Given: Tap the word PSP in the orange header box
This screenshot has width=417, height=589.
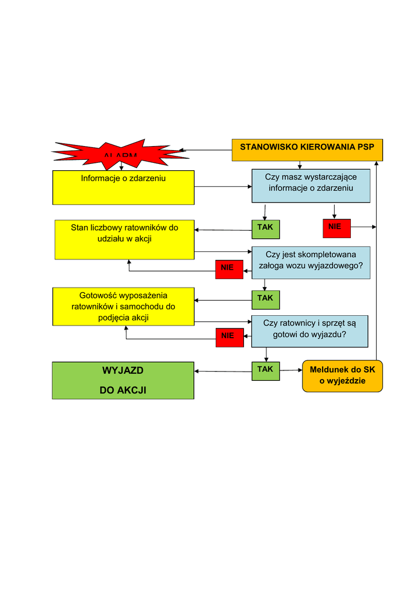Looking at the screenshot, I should [366, 147].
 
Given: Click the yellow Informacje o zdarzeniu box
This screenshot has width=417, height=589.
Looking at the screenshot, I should [123, 187].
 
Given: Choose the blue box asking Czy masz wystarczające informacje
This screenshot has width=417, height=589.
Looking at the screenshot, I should [311, 185].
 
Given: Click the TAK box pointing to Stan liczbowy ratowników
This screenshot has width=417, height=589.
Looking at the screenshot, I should [265, 229].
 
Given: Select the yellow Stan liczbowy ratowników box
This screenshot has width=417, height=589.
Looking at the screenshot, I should [124, 239].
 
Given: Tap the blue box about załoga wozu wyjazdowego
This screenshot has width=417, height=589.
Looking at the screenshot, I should [311, 262].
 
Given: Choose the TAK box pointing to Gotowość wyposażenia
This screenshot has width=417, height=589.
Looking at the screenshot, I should [265, 299].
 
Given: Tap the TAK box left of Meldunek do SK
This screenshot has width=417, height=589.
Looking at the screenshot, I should [265, 370].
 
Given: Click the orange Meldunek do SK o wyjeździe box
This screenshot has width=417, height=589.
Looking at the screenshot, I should [342, 376].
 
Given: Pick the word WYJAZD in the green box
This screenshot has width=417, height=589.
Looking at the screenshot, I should [123, 370].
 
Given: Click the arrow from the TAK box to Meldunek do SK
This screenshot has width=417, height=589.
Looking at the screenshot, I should [291, 370].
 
